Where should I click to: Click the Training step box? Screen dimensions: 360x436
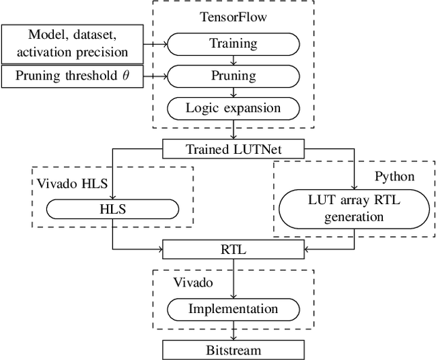233,44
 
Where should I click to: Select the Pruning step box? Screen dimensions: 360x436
233,75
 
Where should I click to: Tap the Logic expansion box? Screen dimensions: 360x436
233,107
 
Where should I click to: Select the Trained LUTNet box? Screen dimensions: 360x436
233,147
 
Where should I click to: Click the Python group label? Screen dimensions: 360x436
395,176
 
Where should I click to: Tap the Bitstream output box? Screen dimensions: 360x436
233,350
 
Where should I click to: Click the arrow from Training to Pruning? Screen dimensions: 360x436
233,60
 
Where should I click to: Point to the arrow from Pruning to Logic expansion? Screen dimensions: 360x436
233,91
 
